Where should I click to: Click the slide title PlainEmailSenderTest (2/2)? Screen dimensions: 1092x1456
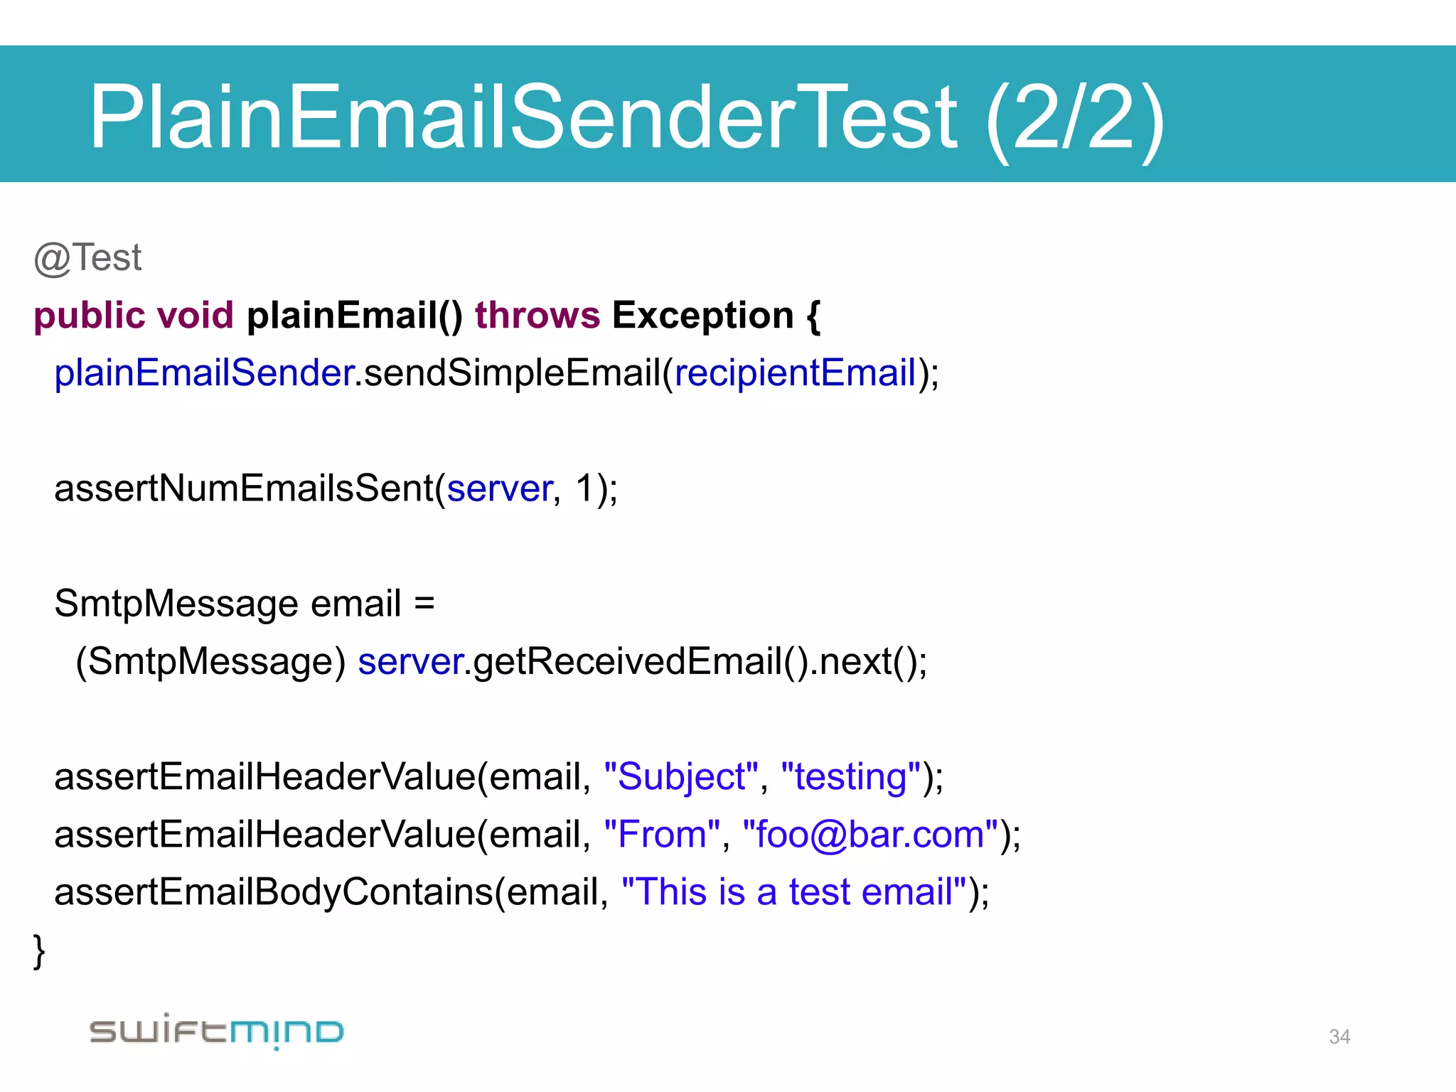[x=626, y=117]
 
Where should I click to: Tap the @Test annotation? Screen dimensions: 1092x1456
[x=88, y=258]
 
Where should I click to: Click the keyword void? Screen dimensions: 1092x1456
[x=195, y=316]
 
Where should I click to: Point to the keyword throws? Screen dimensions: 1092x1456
[x=537, y=316]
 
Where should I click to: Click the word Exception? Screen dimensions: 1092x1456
[x=702, y=316]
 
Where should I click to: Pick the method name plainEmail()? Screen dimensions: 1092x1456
[x=354, y=316]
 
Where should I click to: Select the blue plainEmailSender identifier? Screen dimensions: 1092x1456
[x=204, y=373]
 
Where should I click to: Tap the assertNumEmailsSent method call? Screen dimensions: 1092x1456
[x=245, y=489]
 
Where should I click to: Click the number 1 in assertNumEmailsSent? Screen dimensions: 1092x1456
[x=584, y=489]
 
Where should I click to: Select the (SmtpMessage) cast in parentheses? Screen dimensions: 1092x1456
[x=210, y=662]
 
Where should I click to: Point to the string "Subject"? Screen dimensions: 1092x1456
[x=681, y=777]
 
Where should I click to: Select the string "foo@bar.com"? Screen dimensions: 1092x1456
[x=870, y=835]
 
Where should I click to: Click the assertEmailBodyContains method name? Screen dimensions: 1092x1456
[x=274, y=892]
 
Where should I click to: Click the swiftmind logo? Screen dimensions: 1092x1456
[x=217, y=1032]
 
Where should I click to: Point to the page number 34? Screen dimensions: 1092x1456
[x=1339, y=1037]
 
